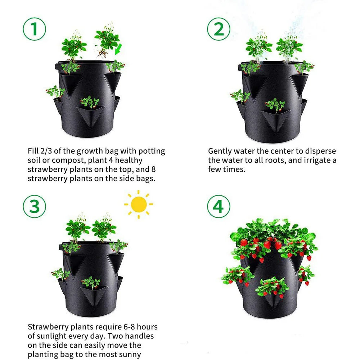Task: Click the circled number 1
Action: tap(35, 30)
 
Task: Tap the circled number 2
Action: tap(219, 30)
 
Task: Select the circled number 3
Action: tap(35, 207)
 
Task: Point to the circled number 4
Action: tap(219, 207)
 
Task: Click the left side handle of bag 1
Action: tap(57, 67)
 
